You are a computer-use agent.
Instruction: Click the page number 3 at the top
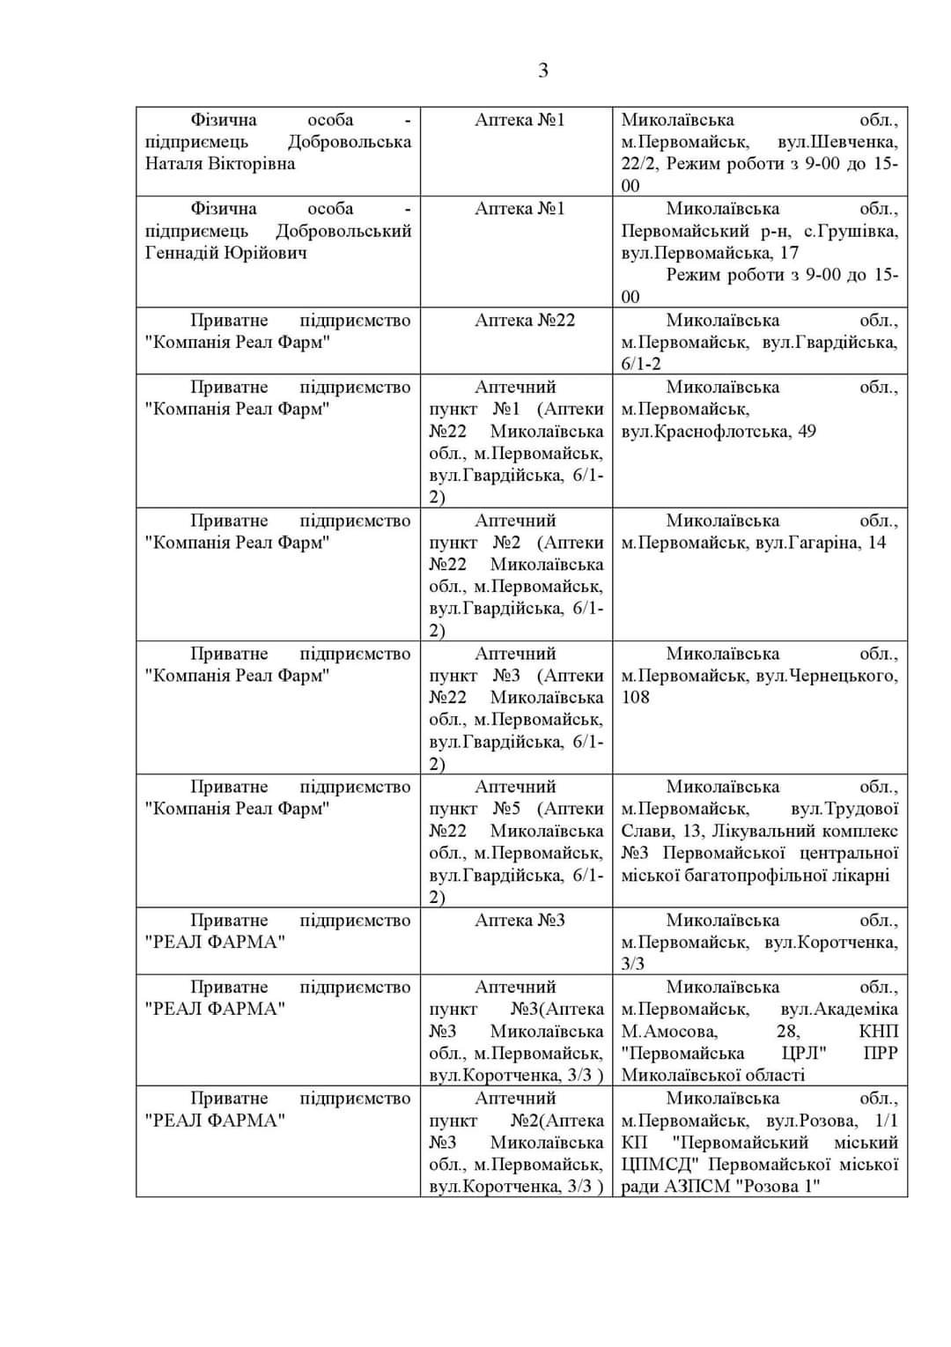[542, 70]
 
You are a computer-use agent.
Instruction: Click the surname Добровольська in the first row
[349, 142]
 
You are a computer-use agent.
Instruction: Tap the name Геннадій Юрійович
[226, 253]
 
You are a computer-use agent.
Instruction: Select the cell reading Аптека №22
[524, 321]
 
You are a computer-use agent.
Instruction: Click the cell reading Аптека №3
[520, 921]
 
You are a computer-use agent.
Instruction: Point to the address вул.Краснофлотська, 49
[718, 432]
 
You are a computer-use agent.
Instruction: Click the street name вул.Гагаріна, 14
[821, 543]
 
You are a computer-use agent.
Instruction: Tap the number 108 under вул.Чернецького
[635, 698]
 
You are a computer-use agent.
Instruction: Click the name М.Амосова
[669, 1032]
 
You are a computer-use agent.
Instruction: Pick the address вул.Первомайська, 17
[710, 254]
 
